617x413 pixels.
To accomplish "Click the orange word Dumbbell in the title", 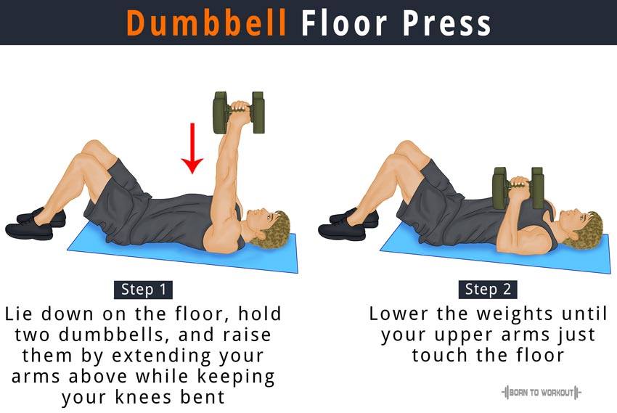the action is click(206, 23).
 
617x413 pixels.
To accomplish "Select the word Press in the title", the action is click(446, 23).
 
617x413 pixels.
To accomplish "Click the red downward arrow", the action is click(192, 148).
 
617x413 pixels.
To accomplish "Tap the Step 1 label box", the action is click(143, 290).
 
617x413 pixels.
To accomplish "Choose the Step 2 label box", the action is click(488, 290).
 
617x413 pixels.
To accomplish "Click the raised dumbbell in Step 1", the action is click(239, 113).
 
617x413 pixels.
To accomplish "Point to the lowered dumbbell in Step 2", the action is click(518, 188).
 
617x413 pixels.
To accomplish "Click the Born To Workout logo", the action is click(541, 392).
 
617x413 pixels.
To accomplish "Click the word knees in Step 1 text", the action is click(144, 397).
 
